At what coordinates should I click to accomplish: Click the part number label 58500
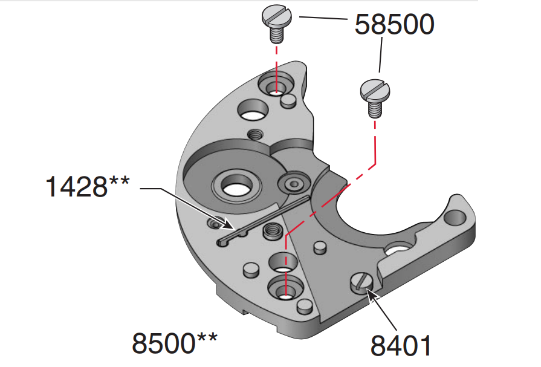(394, 25)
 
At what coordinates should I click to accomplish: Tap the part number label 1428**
(88, 186)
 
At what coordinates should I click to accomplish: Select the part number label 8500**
(175, 343)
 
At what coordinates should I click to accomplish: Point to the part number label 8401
(401, 345)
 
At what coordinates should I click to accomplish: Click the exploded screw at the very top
(277, 23)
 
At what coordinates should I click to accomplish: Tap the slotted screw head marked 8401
(361, 283)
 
